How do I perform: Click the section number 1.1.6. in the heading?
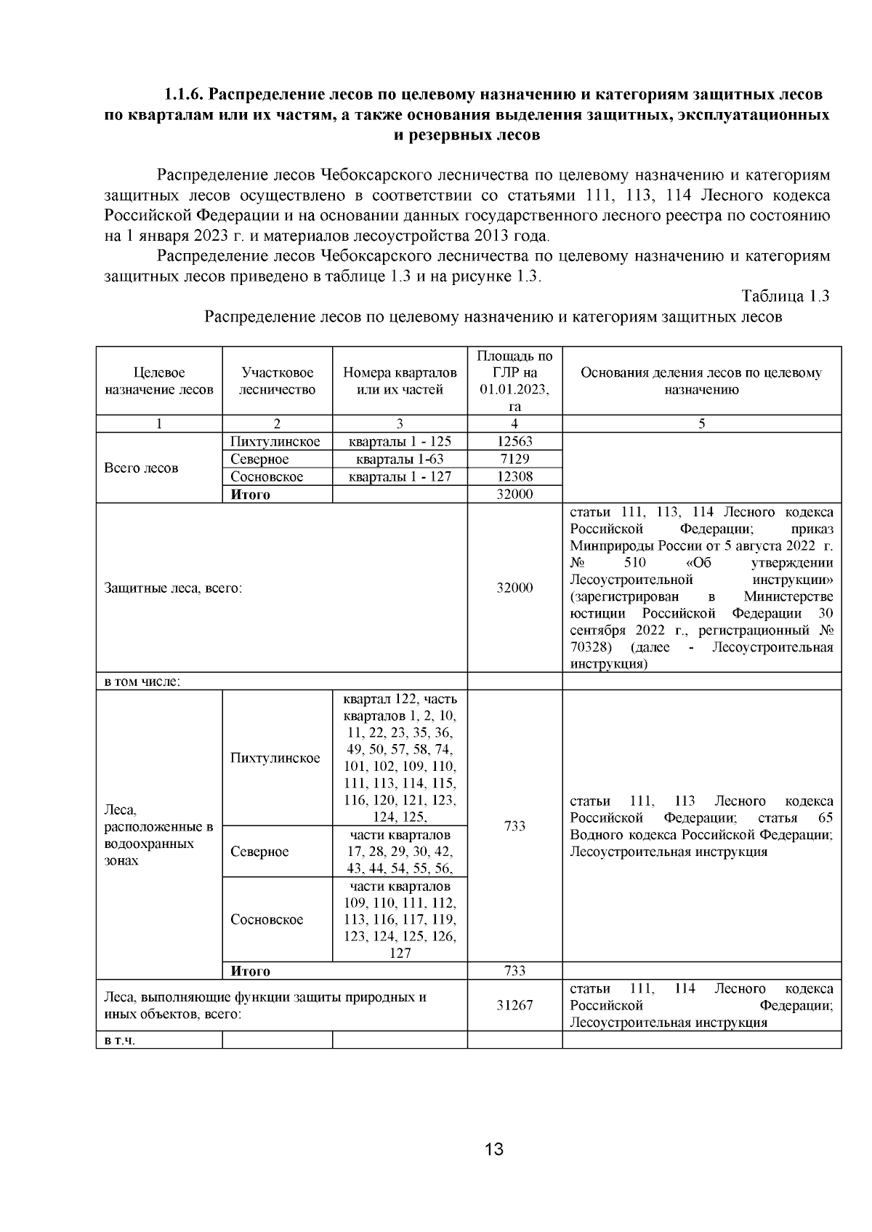pos(185,95)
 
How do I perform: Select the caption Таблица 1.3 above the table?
pos(785,296)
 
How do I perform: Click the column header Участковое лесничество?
pos(277,381)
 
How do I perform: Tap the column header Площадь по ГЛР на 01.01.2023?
pos(514,381)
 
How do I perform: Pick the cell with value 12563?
pos(514,441)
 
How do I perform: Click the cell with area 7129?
pos(514,459)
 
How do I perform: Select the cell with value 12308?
pos(514,476)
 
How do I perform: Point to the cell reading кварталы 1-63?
pos(400,459)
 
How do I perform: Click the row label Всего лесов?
pos(141,468)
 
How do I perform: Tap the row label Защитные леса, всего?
pos(173,588)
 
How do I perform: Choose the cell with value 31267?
pos(514,1005)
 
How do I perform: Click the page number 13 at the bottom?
pos(493,1150)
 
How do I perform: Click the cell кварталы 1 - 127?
pos(400,476)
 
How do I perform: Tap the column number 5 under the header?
pos(701,424)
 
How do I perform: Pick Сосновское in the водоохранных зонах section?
pos(267,919)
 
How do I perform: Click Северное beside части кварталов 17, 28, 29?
pos(259,852)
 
